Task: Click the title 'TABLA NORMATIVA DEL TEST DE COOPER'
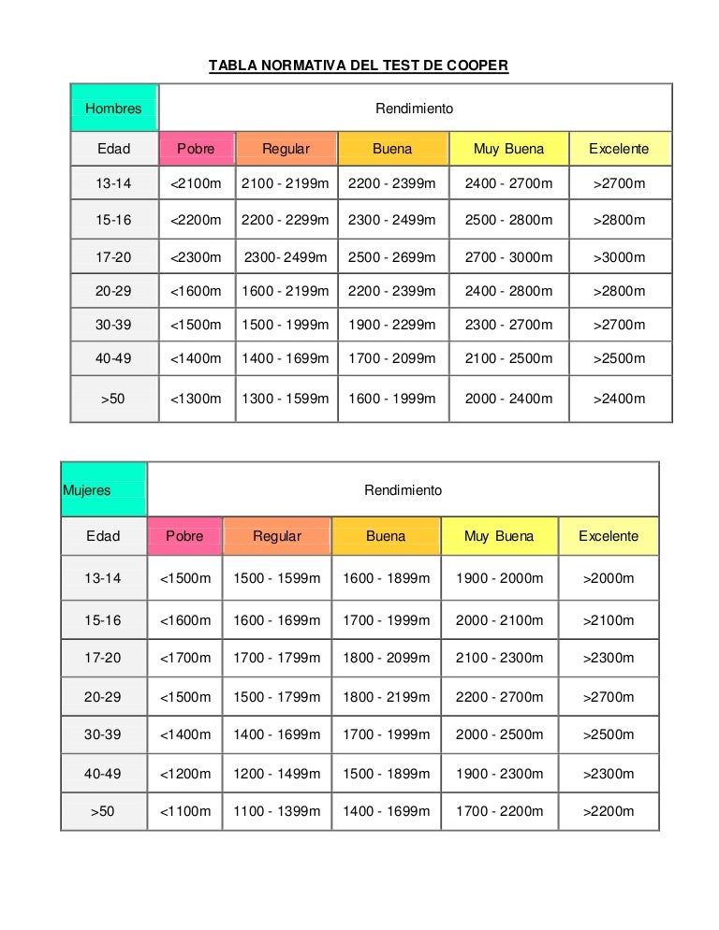[358, 66]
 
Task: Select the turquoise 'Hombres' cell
[114, 109]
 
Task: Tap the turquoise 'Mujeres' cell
[103, 489]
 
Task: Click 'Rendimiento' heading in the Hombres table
[415, 109]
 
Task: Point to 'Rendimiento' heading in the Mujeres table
[404, 489]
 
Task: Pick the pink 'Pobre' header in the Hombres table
[197, 149]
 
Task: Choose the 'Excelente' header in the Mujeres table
[609, 536]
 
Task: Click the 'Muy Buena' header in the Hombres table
[508, 149]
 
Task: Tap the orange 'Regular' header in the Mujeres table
[277, 536]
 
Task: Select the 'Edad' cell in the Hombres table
[114, 149]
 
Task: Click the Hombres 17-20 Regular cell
[286, 257]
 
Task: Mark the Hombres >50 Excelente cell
[620, 399]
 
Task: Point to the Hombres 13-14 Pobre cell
[197, 183]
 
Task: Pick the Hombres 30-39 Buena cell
[392, 325]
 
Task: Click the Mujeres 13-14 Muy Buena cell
[500, 578]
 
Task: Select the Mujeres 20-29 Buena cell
[387, 697]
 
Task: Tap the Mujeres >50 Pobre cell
[185, 811]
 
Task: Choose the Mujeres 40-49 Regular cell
[277, 774]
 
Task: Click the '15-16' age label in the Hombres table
[114, 221]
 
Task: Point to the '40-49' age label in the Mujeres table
[103, 774]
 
